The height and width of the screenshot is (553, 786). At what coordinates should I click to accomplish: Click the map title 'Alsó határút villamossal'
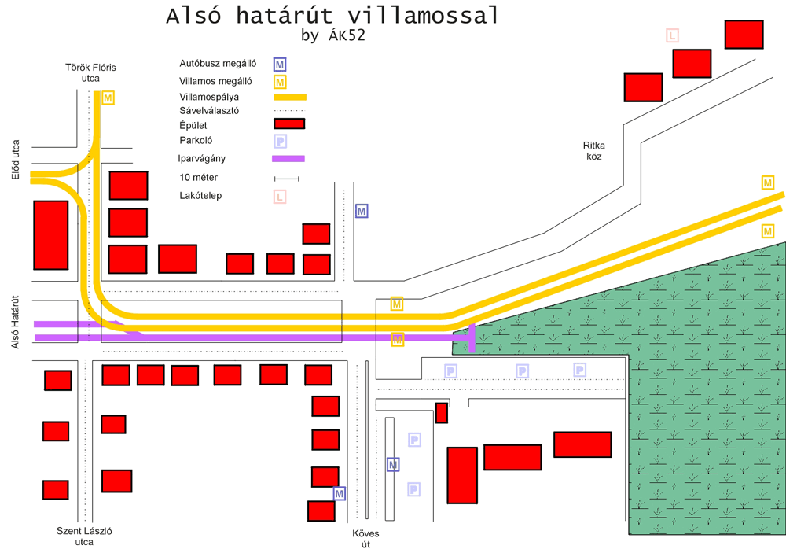click(332, 17)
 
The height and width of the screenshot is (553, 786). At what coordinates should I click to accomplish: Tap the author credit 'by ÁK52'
click(332, 36)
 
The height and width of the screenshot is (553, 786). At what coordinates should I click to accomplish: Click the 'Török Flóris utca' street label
click(90, 73)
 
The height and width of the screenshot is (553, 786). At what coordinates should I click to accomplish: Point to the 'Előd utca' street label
click(16, 160)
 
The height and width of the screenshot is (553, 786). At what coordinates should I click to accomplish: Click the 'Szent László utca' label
click(84, 536)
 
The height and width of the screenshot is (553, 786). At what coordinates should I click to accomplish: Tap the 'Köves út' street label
click(365, 539)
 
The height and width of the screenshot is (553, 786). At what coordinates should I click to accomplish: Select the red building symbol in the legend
click(288, 124)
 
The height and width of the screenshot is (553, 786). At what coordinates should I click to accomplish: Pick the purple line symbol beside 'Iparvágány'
click(288, 159)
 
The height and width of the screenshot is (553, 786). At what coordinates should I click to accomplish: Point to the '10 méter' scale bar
click(286, 179)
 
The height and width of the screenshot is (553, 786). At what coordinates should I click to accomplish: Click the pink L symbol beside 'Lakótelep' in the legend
click(279, 197)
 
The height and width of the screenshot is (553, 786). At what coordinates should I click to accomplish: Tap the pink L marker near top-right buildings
click(672, 35)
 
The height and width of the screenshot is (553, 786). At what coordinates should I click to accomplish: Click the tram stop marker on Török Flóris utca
click(108, 98)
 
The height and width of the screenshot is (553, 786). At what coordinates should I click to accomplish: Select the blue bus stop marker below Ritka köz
click(362, 211)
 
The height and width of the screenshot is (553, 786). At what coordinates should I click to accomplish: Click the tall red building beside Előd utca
click(50, 235)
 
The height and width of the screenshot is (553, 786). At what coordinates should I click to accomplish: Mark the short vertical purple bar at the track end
click(472, 337)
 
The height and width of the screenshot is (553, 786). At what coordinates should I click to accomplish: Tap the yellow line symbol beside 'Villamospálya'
click(289, 98)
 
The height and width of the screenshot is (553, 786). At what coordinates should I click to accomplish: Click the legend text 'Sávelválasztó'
click(209, 112)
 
